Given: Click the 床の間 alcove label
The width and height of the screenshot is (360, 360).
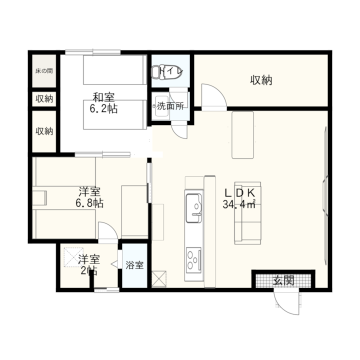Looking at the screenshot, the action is pos(44,70).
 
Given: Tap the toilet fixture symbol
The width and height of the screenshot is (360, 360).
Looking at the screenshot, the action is pos(158,72).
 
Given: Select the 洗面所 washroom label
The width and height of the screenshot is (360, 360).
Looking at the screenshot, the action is pos(170,106).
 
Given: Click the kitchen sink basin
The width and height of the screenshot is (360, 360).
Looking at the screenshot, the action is pos(194,208).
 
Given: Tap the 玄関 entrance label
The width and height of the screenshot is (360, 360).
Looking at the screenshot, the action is pos(283,280).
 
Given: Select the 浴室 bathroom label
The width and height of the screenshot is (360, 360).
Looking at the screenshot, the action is pos(134,265).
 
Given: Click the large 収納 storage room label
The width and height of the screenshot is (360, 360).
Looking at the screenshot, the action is pos(261,80).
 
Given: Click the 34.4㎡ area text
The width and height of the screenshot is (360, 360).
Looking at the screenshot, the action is pos(239,204).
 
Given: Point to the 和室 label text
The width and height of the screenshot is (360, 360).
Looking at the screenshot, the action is pos(103,97).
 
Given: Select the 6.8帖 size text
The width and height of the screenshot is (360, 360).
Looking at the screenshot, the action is pos(89,203).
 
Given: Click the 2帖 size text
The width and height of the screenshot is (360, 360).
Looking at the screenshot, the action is pos(89,270).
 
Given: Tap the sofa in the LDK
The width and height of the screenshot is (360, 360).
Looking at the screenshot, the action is pos(247,213).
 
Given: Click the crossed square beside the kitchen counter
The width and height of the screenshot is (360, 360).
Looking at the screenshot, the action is pos(159,278).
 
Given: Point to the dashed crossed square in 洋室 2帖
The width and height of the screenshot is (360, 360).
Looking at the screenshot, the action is pos(73,257).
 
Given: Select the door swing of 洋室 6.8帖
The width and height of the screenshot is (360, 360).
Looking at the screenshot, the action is pos(108,230).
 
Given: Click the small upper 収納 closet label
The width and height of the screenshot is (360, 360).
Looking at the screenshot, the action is pos(44,99).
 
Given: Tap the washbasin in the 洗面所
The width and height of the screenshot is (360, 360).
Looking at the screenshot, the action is pos(162,106).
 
